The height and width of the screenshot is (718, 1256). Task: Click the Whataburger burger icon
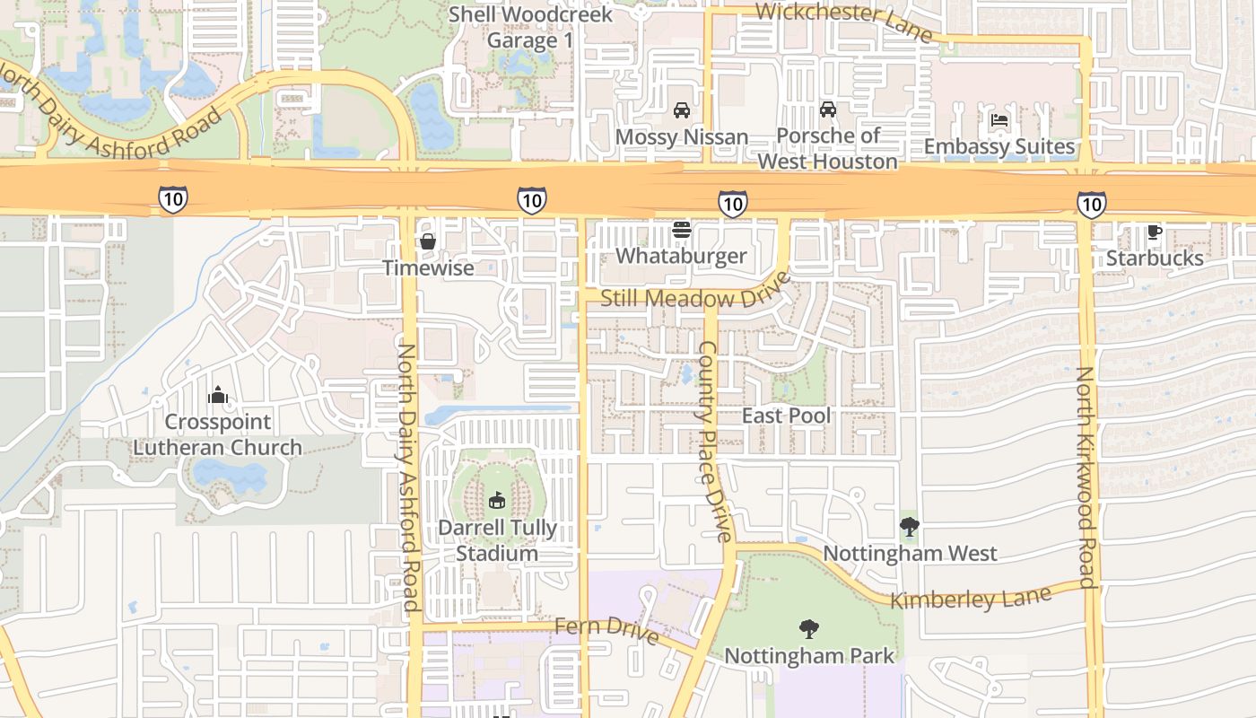pyautogui.click(x=681, y=230)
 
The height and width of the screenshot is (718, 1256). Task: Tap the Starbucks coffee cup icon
pyautogui.click(x=1155, y=232)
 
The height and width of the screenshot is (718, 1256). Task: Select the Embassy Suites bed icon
pyautogui.click(x=999, y=120)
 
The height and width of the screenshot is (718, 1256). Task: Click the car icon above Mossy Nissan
pyautogui.click(x=681, y=110)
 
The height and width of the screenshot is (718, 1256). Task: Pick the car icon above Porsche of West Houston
pyautogui.click(x=827, y=109)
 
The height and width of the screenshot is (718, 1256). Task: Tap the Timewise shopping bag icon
pyautogui.click(x=428, y=241)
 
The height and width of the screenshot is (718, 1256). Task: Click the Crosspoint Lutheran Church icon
pyautogui.click(x=217, y=395)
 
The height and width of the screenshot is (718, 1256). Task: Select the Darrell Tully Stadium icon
pyautogui.click(x=496, y=501)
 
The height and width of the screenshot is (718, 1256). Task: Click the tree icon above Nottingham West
pyautogui.click(x=910, y=526)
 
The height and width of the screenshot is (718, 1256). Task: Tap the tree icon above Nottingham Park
pyautogui.click(x=808, y=629)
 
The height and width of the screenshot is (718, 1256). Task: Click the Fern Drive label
pyautogui.click(x=606, y=629)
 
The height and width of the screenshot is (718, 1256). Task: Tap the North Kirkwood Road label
pyautogui.click(x=1086, y=477)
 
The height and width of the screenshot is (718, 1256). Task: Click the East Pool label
pyautogui.click(x=786, y=416)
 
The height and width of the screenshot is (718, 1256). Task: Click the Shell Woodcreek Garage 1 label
pyautogui.click(x=530, y=27)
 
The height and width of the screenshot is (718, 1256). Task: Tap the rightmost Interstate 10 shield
pyautogui.click(x=1091, y=205)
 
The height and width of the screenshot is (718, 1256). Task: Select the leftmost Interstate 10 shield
pyautogui.click(x=173, y=199)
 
